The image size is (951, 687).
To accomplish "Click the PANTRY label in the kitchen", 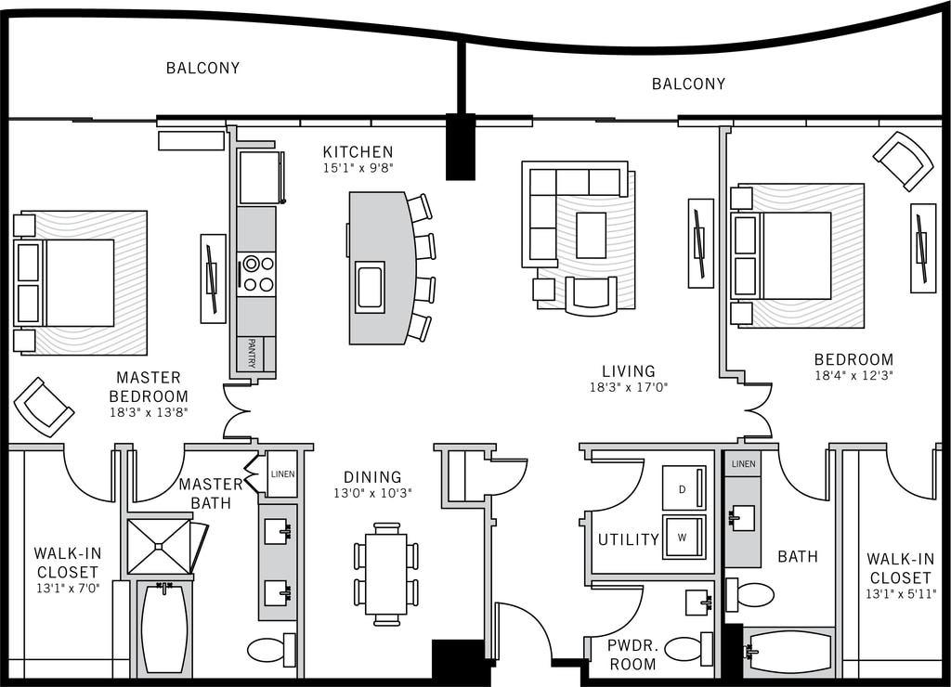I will pos(251,354).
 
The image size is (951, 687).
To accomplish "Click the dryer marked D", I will pos(684,487).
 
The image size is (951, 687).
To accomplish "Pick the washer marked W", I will pos(684,537).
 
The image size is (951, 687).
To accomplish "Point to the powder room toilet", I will pos(686,648).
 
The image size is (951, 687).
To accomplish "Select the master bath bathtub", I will pos(164,629).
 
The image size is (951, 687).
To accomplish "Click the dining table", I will pos(386,574).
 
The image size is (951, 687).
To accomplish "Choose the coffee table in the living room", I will pos(591,235).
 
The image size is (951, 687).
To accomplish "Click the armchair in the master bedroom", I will pos(43,407).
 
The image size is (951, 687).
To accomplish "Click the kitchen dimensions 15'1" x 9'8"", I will pos(358,169).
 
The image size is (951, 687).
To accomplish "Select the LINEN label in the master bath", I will pos(282,473).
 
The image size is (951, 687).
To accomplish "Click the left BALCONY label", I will pos(202,68).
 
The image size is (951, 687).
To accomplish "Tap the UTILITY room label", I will pos(628,539).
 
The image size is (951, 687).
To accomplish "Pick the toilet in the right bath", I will pos(751,594).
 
